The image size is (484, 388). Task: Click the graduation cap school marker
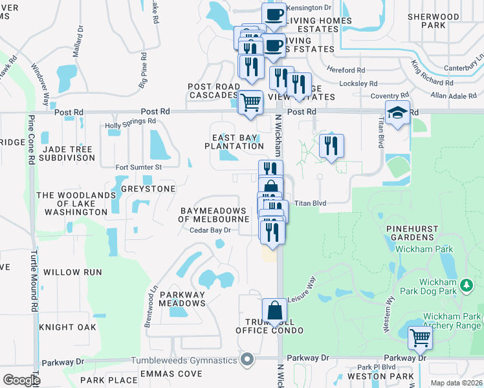click(x=397, y=113)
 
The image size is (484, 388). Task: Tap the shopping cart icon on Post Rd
click(x=250, y=101)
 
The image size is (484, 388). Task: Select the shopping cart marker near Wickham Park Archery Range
click(x=421, y=336)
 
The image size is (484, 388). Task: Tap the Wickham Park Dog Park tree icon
click(x=465, y=285)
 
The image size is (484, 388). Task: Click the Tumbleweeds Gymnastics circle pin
click(x=247, y=360)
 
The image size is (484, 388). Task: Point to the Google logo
click(x=21, y=380)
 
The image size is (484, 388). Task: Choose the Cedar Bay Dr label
click(x=210, y=230)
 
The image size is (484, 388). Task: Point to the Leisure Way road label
click(x=302, y=288)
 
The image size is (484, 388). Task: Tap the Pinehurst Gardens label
click(x=415, y=233)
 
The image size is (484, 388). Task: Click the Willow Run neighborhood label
click(x=72, y=272)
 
